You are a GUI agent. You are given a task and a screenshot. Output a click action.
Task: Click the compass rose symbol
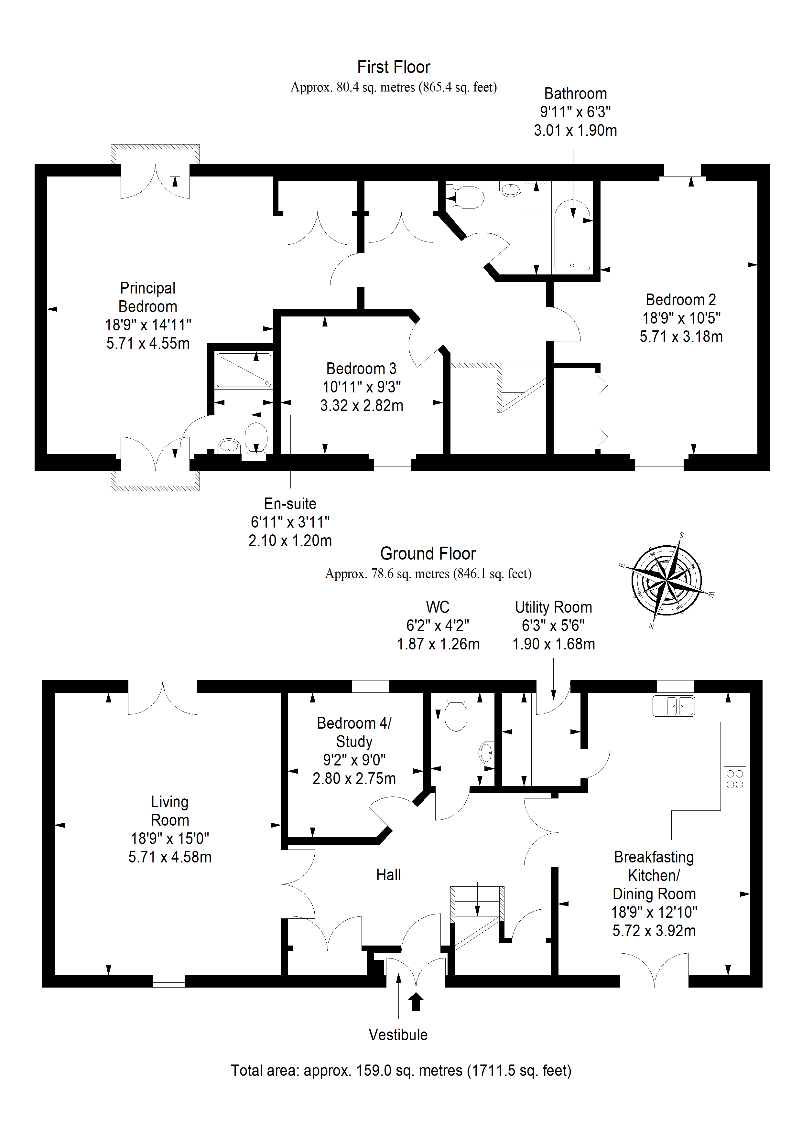667,581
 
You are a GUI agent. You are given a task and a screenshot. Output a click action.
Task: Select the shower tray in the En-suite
244,369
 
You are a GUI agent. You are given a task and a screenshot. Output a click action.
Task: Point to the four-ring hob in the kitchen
735,779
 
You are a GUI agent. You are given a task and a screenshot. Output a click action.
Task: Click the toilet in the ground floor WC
456,712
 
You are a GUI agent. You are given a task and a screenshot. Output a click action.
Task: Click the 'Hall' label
388,875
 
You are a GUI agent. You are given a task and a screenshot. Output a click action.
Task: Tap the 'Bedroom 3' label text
361,369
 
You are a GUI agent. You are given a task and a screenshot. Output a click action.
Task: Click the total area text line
401,1070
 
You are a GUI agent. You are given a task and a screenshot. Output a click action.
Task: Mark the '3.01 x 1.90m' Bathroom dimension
576,130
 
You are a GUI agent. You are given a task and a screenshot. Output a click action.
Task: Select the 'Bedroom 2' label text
681,299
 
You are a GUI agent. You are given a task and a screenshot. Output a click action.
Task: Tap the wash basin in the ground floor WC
487,753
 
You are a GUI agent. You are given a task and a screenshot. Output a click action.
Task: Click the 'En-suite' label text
290,503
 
